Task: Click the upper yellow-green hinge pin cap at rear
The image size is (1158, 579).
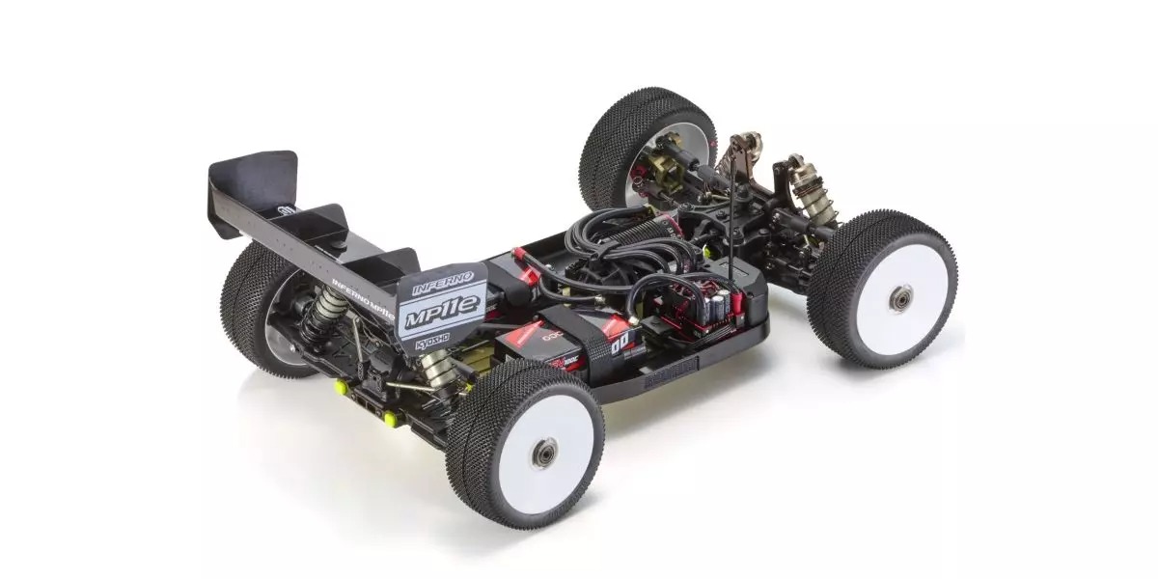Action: click(341, 387)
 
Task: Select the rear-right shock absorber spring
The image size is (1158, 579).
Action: click(436, 365)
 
